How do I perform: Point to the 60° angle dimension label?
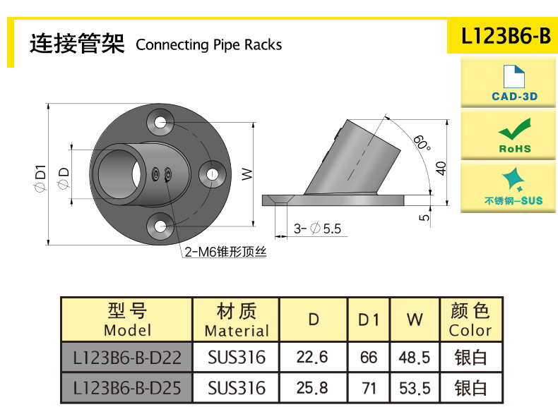click(x=422, y=142)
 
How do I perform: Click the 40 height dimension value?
click(x=441, y=168)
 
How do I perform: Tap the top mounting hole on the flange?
click(x=162, y=122)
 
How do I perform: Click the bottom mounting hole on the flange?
click(x=162, y=226)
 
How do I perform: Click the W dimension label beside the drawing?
click(x=247, y=174)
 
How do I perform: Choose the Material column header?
click(x=237, y=320)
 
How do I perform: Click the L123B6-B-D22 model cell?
click(x=127, y=358)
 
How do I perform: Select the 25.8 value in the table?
click(x=312, y=388)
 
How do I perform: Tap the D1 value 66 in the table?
click(x=369, y=358)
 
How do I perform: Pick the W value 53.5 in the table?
click(x=415, y=388)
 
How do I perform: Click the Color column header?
click(x=470, y=320)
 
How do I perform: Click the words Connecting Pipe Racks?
click(x=208, y=45)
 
